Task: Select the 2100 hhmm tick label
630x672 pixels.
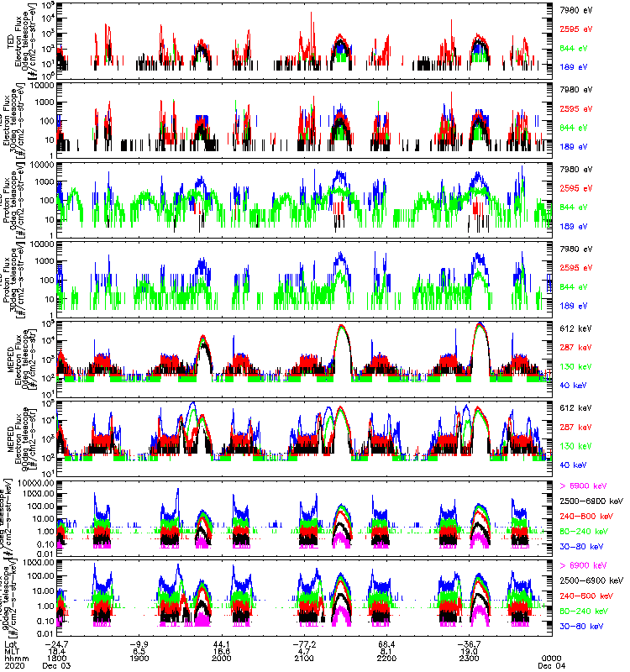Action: pos(305,658)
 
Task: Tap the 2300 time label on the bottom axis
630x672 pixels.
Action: pos(470,658)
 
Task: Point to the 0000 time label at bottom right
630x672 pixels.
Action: pos(552,658)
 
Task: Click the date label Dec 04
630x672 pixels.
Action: pos(552,665)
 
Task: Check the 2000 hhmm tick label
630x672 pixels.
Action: pos(223,658)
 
